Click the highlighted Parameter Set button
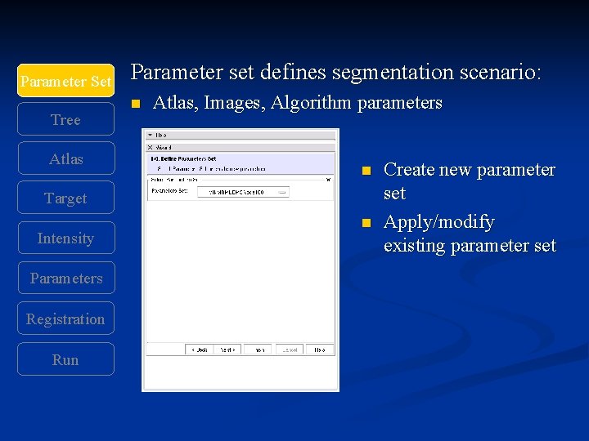(x=65, y=82)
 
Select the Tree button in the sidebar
(x=65, y=120)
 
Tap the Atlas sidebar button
(x=65, y=159)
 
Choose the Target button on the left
(x=65, y=198)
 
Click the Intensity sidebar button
(x=65, y=238)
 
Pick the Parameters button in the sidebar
(x=65, y=278)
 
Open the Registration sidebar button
(x=65, y=319)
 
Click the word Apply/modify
(x=438, y=222)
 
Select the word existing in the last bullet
(x=415, y=246)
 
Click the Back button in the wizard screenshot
(x=199, y=349)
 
